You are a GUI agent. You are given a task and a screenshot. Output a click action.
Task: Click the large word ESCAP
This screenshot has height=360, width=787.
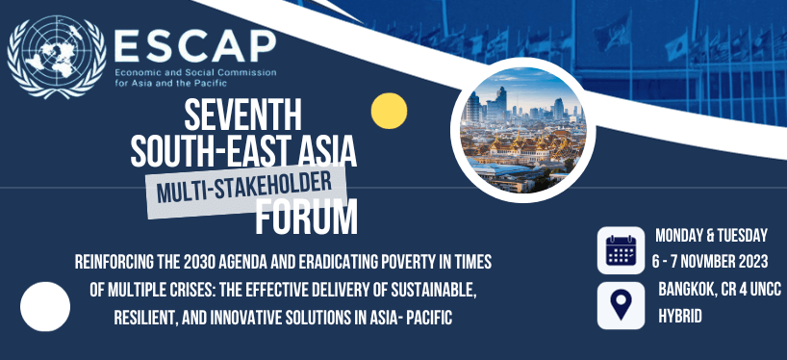pos(193,42)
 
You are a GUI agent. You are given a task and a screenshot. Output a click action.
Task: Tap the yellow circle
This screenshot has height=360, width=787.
pos(391,111)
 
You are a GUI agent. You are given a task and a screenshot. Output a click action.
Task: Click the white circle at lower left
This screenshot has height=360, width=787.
pos(45,306)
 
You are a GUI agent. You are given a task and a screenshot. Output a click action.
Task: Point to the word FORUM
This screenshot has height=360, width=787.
pos(306,218)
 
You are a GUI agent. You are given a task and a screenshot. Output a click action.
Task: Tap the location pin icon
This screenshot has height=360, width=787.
pos(621,304)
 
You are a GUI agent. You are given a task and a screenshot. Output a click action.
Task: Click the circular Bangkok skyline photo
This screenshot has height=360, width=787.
pos(518,127)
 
